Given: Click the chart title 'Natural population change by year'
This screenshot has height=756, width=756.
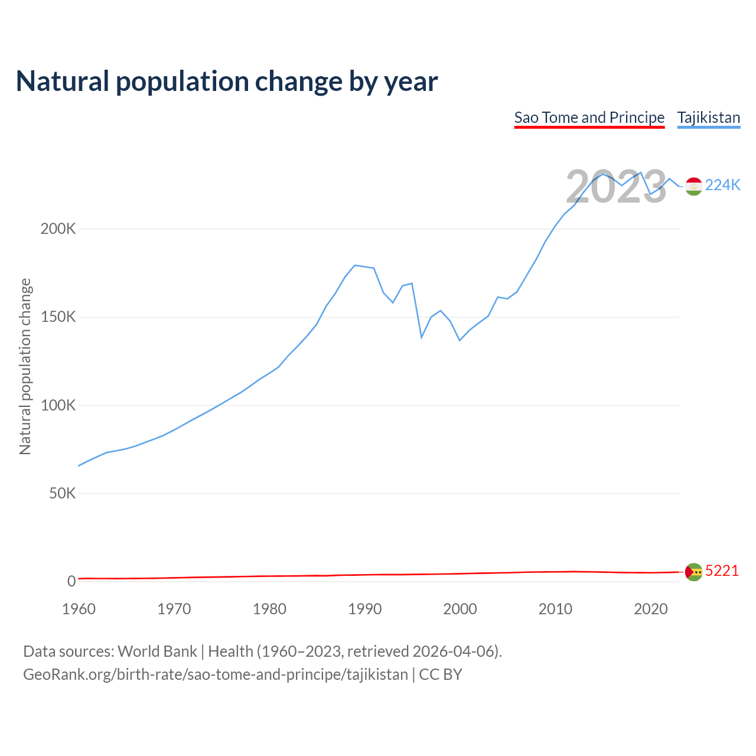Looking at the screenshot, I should tap(227, 82).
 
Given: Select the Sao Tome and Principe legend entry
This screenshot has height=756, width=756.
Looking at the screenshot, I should tap(589, 118).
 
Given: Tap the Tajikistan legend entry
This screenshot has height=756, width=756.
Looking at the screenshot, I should tap(708, 118).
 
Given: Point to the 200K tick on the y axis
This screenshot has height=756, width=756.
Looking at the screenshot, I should tap(58, 229).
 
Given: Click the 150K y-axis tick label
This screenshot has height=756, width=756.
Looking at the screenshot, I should tap(58, 317).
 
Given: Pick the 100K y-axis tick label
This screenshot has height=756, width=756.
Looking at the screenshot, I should tap(58, 405).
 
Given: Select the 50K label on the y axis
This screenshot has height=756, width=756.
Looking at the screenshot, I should tap(62, 493).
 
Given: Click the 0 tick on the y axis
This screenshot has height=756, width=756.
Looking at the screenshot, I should tap(71, 581).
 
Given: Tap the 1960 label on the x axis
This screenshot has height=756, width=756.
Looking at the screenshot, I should tap(79, 609).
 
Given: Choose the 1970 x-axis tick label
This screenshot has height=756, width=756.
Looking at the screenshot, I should tap(174, 609).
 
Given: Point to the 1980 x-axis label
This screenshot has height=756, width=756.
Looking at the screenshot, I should tap(269, 609).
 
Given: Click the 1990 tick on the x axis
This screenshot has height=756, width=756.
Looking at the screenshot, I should tap(364, 609).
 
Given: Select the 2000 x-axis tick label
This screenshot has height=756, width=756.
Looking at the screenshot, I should tap(460, 609).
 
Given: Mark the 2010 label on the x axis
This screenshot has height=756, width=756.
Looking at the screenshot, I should tap(555, 609).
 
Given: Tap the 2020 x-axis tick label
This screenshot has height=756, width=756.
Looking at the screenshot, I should tap(650, 609).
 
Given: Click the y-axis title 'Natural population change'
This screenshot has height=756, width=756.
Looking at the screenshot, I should tap(25, 367).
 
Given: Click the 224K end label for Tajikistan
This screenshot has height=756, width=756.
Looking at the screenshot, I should tap(722, 185).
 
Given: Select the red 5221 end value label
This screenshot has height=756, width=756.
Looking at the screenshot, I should tap(722, 571).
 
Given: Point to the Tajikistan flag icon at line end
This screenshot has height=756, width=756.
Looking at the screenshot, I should tap(693, 186).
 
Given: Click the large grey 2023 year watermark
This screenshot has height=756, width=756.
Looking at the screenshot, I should tap(616, 187).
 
